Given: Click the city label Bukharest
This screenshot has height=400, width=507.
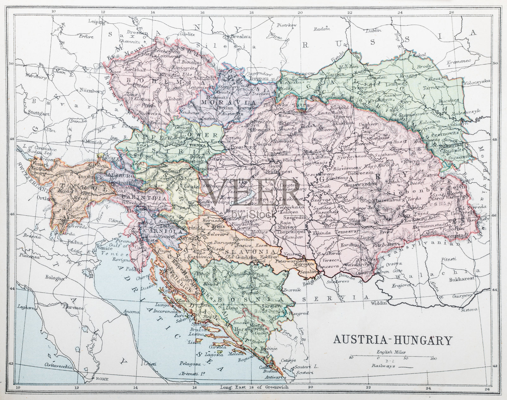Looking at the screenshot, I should (461, 280).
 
